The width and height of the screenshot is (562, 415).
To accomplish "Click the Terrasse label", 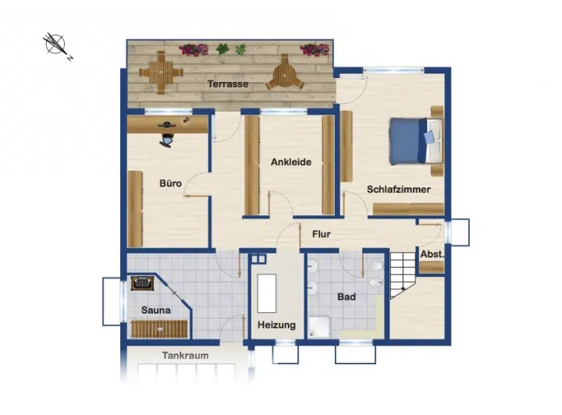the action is (228, 84).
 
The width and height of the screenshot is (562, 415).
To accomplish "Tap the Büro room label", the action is (170, 183).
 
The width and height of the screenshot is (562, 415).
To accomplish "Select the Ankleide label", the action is (291, 162).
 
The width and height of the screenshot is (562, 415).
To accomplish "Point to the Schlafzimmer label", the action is (399, 190).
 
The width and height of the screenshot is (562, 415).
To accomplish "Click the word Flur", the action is (322, 234).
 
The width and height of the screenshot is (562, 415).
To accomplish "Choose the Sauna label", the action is (156, 310).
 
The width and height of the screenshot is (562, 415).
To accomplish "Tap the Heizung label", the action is (276, 325).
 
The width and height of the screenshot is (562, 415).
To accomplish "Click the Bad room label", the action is (347, 297).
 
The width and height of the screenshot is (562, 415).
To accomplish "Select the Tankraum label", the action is (185, 356).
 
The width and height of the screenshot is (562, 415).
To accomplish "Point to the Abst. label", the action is (432, 254).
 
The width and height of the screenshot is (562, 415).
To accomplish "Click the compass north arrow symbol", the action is (56, 45).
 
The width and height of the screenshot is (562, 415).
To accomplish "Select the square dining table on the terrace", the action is (161, 73).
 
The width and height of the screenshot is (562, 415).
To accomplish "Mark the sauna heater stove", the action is (142, 283).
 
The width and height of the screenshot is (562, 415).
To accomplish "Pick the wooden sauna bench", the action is (159, 329).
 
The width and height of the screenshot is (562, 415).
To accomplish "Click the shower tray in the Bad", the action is (320, 327).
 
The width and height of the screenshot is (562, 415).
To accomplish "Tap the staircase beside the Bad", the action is (404, 275).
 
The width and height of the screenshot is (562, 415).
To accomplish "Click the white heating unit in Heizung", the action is (267, 293).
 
